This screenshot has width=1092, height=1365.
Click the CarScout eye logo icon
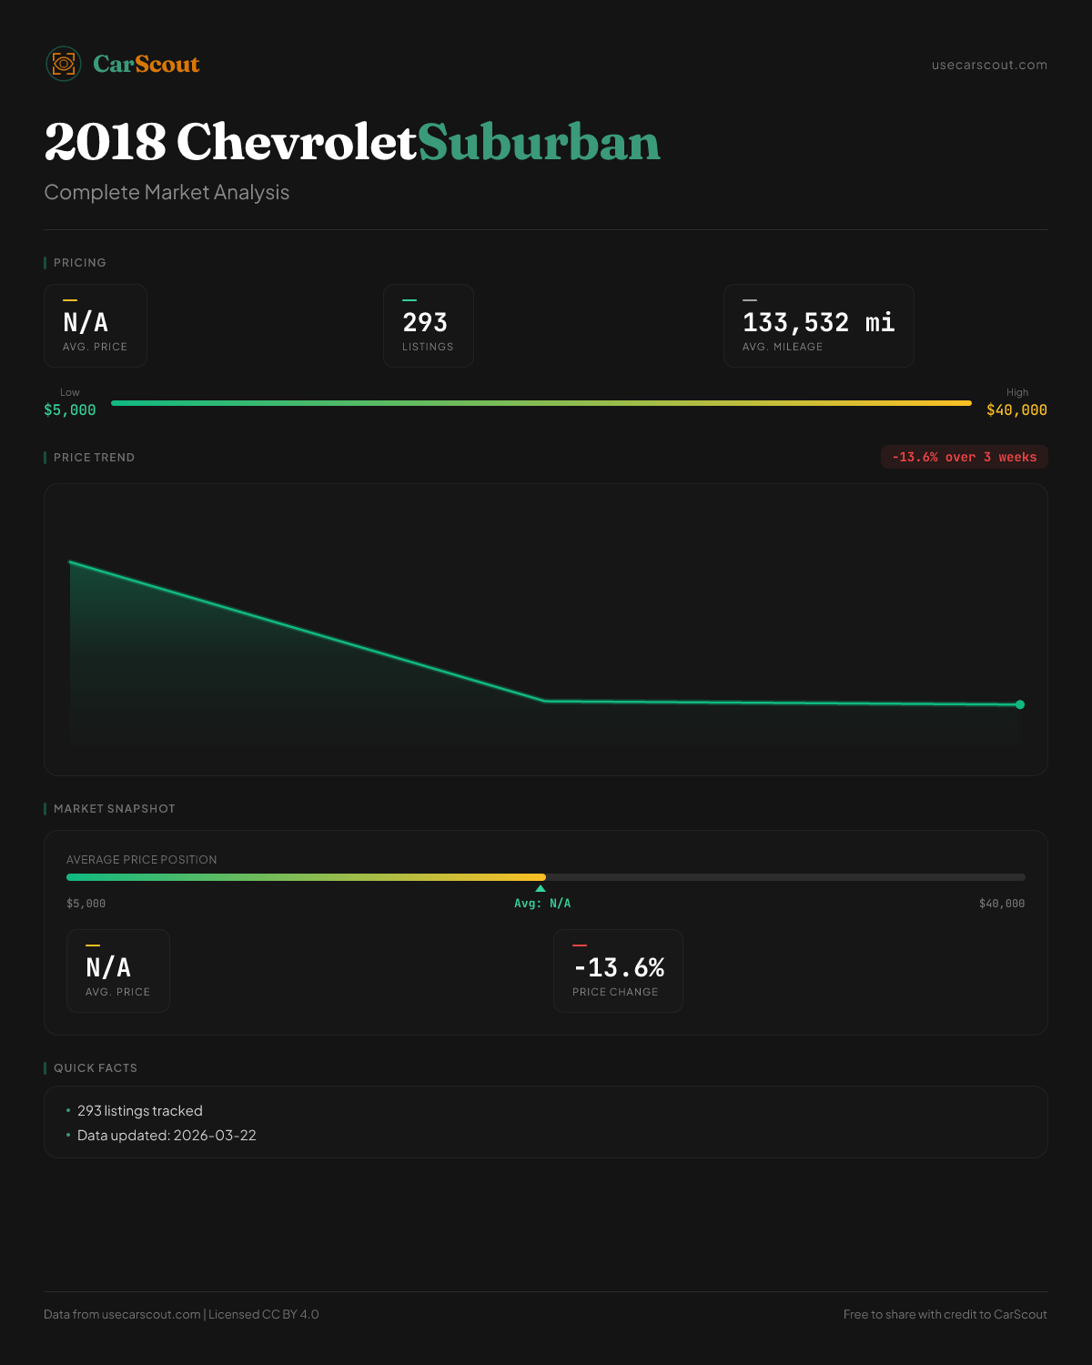pyautogui.click(x=64, y=64)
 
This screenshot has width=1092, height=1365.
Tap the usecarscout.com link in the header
pyautogui.click(x=989, y=65)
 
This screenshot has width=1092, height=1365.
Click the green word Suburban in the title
pyautogui.click(x=539, y=143)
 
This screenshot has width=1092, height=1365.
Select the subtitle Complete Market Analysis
pyautogui.click(x=167, y=193)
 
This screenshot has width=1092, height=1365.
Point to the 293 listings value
pyautogui.click(x=425, y=323)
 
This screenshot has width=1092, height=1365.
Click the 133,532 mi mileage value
pyautogui.click(x=818, y=323)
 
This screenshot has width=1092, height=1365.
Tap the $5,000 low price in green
pyautogui.click(x=70, y=410)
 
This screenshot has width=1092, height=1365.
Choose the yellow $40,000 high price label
pyautogui.click(x=1016, y=410)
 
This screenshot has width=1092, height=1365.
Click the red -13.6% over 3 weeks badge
pyautogui.click(x=964, y=457)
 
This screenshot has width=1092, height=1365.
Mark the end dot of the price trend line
pyautogui.click(x=1020, y=704)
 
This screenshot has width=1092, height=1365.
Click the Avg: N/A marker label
pyautogui.click(x=542, y=904)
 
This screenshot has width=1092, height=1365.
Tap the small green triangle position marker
pyautogui.click(x=541, y=888)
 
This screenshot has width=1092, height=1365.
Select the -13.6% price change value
pyautogui.click(x=619, y=967)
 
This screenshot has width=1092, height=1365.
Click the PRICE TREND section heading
pyautogui.click(x=94, y=458)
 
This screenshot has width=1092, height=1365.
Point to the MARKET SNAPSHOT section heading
pyautogui.click(x=114, y=809)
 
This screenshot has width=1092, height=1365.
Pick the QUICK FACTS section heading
pyautogui.click(x=95, y=1068)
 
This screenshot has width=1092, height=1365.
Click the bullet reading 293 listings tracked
pyautogui.click(x=140, y=1111)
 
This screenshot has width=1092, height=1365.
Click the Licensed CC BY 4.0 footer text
pyautogui.click(x=263, y=1315)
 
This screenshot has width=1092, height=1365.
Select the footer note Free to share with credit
pyautogui.click(x=945, y=1315)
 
